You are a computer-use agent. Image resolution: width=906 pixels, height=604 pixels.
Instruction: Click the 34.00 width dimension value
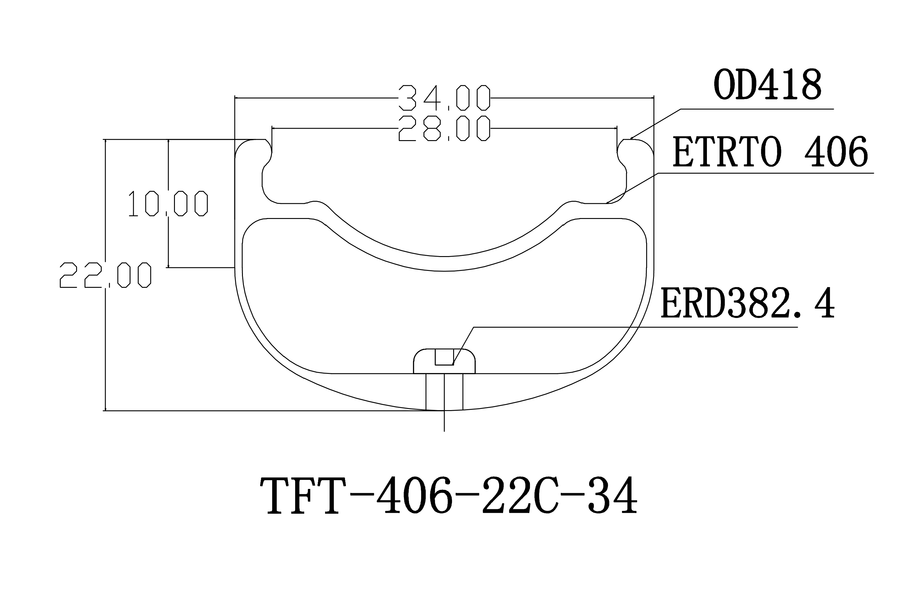click(x=444, y=98)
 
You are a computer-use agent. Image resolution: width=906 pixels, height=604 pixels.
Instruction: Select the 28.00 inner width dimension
click(x=444, y=128)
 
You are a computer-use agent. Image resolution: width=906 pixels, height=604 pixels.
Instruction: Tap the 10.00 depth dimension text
click(x=168, y=203)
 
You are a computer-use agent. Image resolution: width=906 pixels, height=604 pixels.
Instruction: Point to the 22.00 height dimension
click(x=105, y=275)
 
